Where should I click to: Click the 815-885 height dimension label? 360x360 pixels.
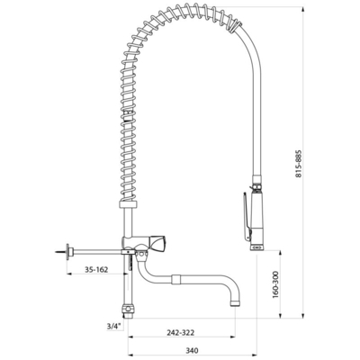click(x=298, y=164)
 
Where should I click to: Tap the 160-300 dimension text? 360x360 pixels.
click(x=275, y=284)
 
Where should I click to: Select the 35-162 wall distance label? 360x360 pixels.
click(x=96, y=269)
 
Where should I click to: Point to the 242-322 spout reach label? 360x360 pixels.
click(x=181, y=332)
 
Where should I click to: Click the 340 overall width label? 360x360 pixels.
click(x=192, y=350)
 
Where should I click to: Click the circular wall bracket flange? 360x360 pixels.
click(x=70, y=252)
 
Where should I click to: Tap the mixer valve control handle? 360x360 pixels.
click(x=158, y=243)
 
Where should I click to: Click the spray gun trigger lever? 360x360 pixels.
click(x=246, y=217)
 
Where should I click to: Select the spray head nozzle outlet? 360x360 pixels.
click(x=257, y=247)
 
